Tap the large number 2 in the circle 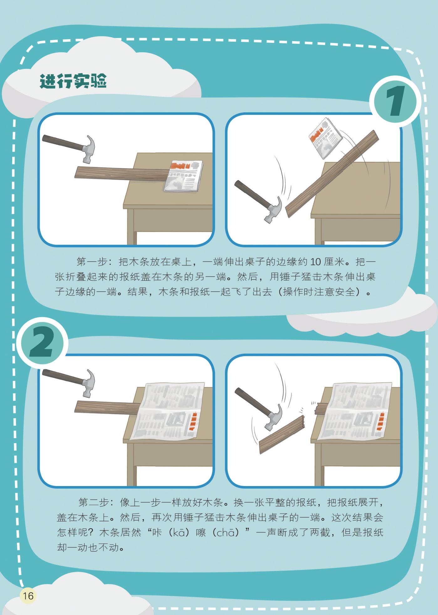(41, 343)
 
